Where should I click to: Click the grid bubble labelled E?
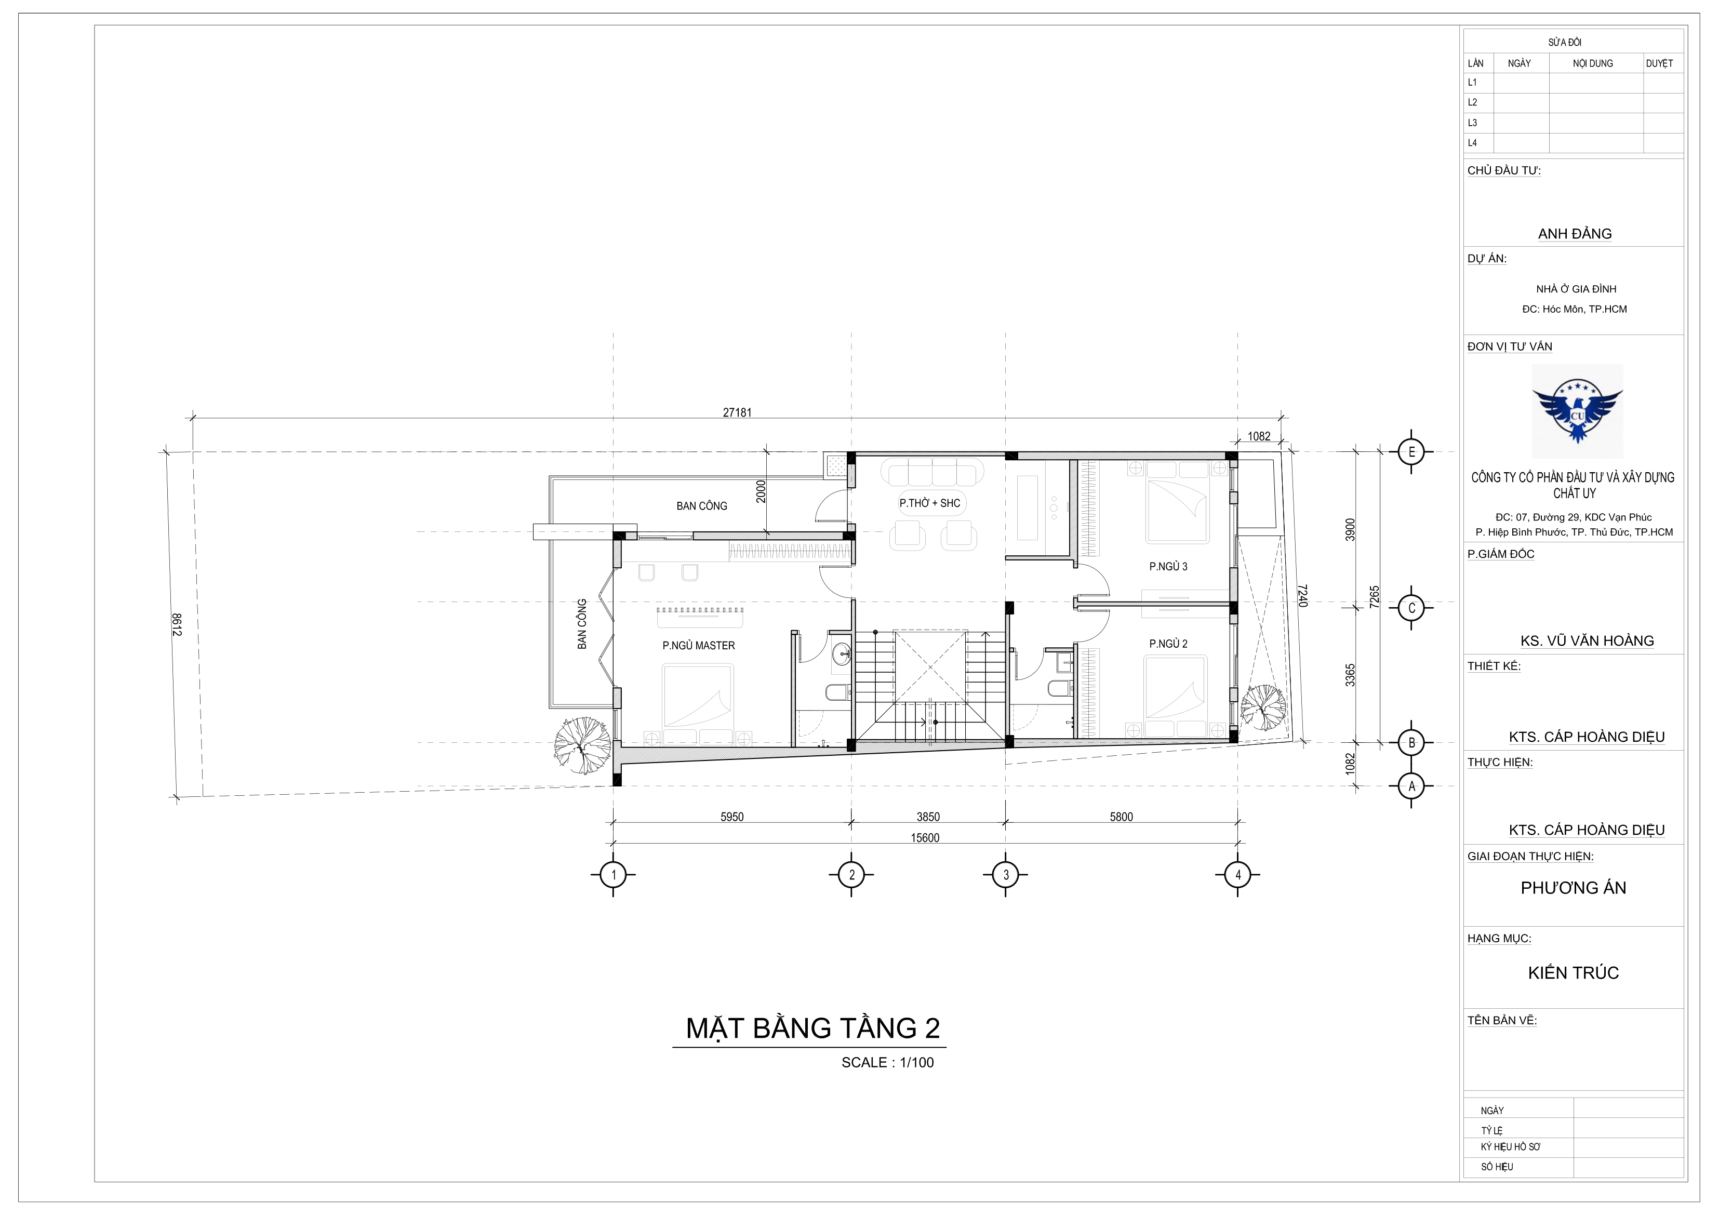1411,452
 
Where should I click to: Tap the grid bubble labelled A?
1411,786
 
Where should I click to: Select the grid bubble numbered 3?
1006,874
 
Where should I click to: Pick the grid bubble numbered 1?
613,874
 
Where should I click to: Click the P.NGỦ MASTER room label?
699,645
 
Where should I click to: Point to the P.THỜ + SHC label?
930,503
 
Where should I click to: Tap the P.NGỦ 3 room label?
1168,567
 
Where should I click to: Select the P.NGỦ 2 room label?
1168,644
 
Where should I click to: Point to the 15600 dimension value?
925,838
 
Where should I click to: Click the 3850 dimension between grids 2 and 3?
928,817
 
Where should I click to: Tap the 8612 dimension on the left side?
177,624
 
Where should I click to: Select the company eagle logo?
1577,411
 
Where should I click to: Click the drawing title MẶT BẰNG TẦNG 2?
812,1029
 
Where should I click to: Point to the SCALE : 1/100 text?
887,1062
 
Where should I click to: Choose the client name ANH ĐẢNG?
1575,234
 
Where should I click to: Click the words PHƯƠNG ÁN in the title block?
1573,888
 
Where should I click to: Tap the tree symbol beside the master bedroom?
582,745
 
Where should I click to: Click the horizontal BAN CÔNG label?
701,506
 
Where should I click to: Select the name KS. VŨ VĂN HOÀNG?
1587,641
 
